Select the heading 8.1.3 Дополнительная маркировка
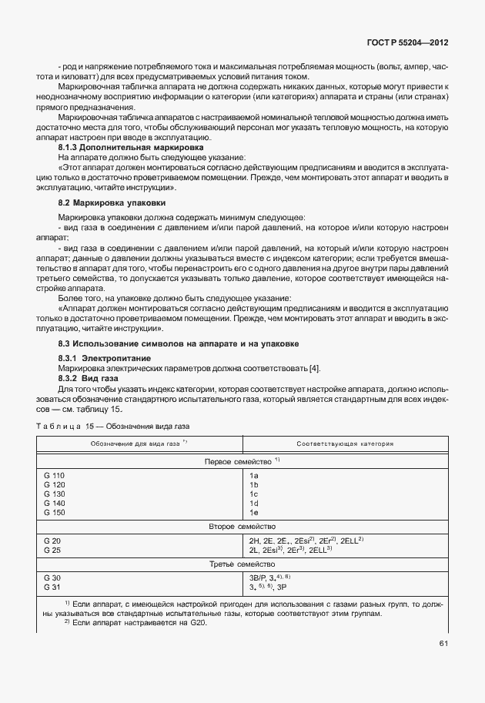pos(131,146)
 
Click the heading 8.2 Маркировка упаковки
pos(112,202)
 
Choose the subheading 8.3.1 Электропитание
pos(104,359)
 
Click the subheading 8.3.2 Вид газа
pos(89,379)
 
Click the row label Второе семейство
pos(238,526)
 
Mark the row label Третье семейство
pos(238,564)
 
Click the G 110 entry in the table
pos(56,476)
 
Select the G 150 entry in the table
pos(56,511)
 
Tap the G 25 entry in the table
pos(53,550)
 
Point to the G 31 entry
pos(53,586)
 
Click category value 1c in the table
pos(253,494)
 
